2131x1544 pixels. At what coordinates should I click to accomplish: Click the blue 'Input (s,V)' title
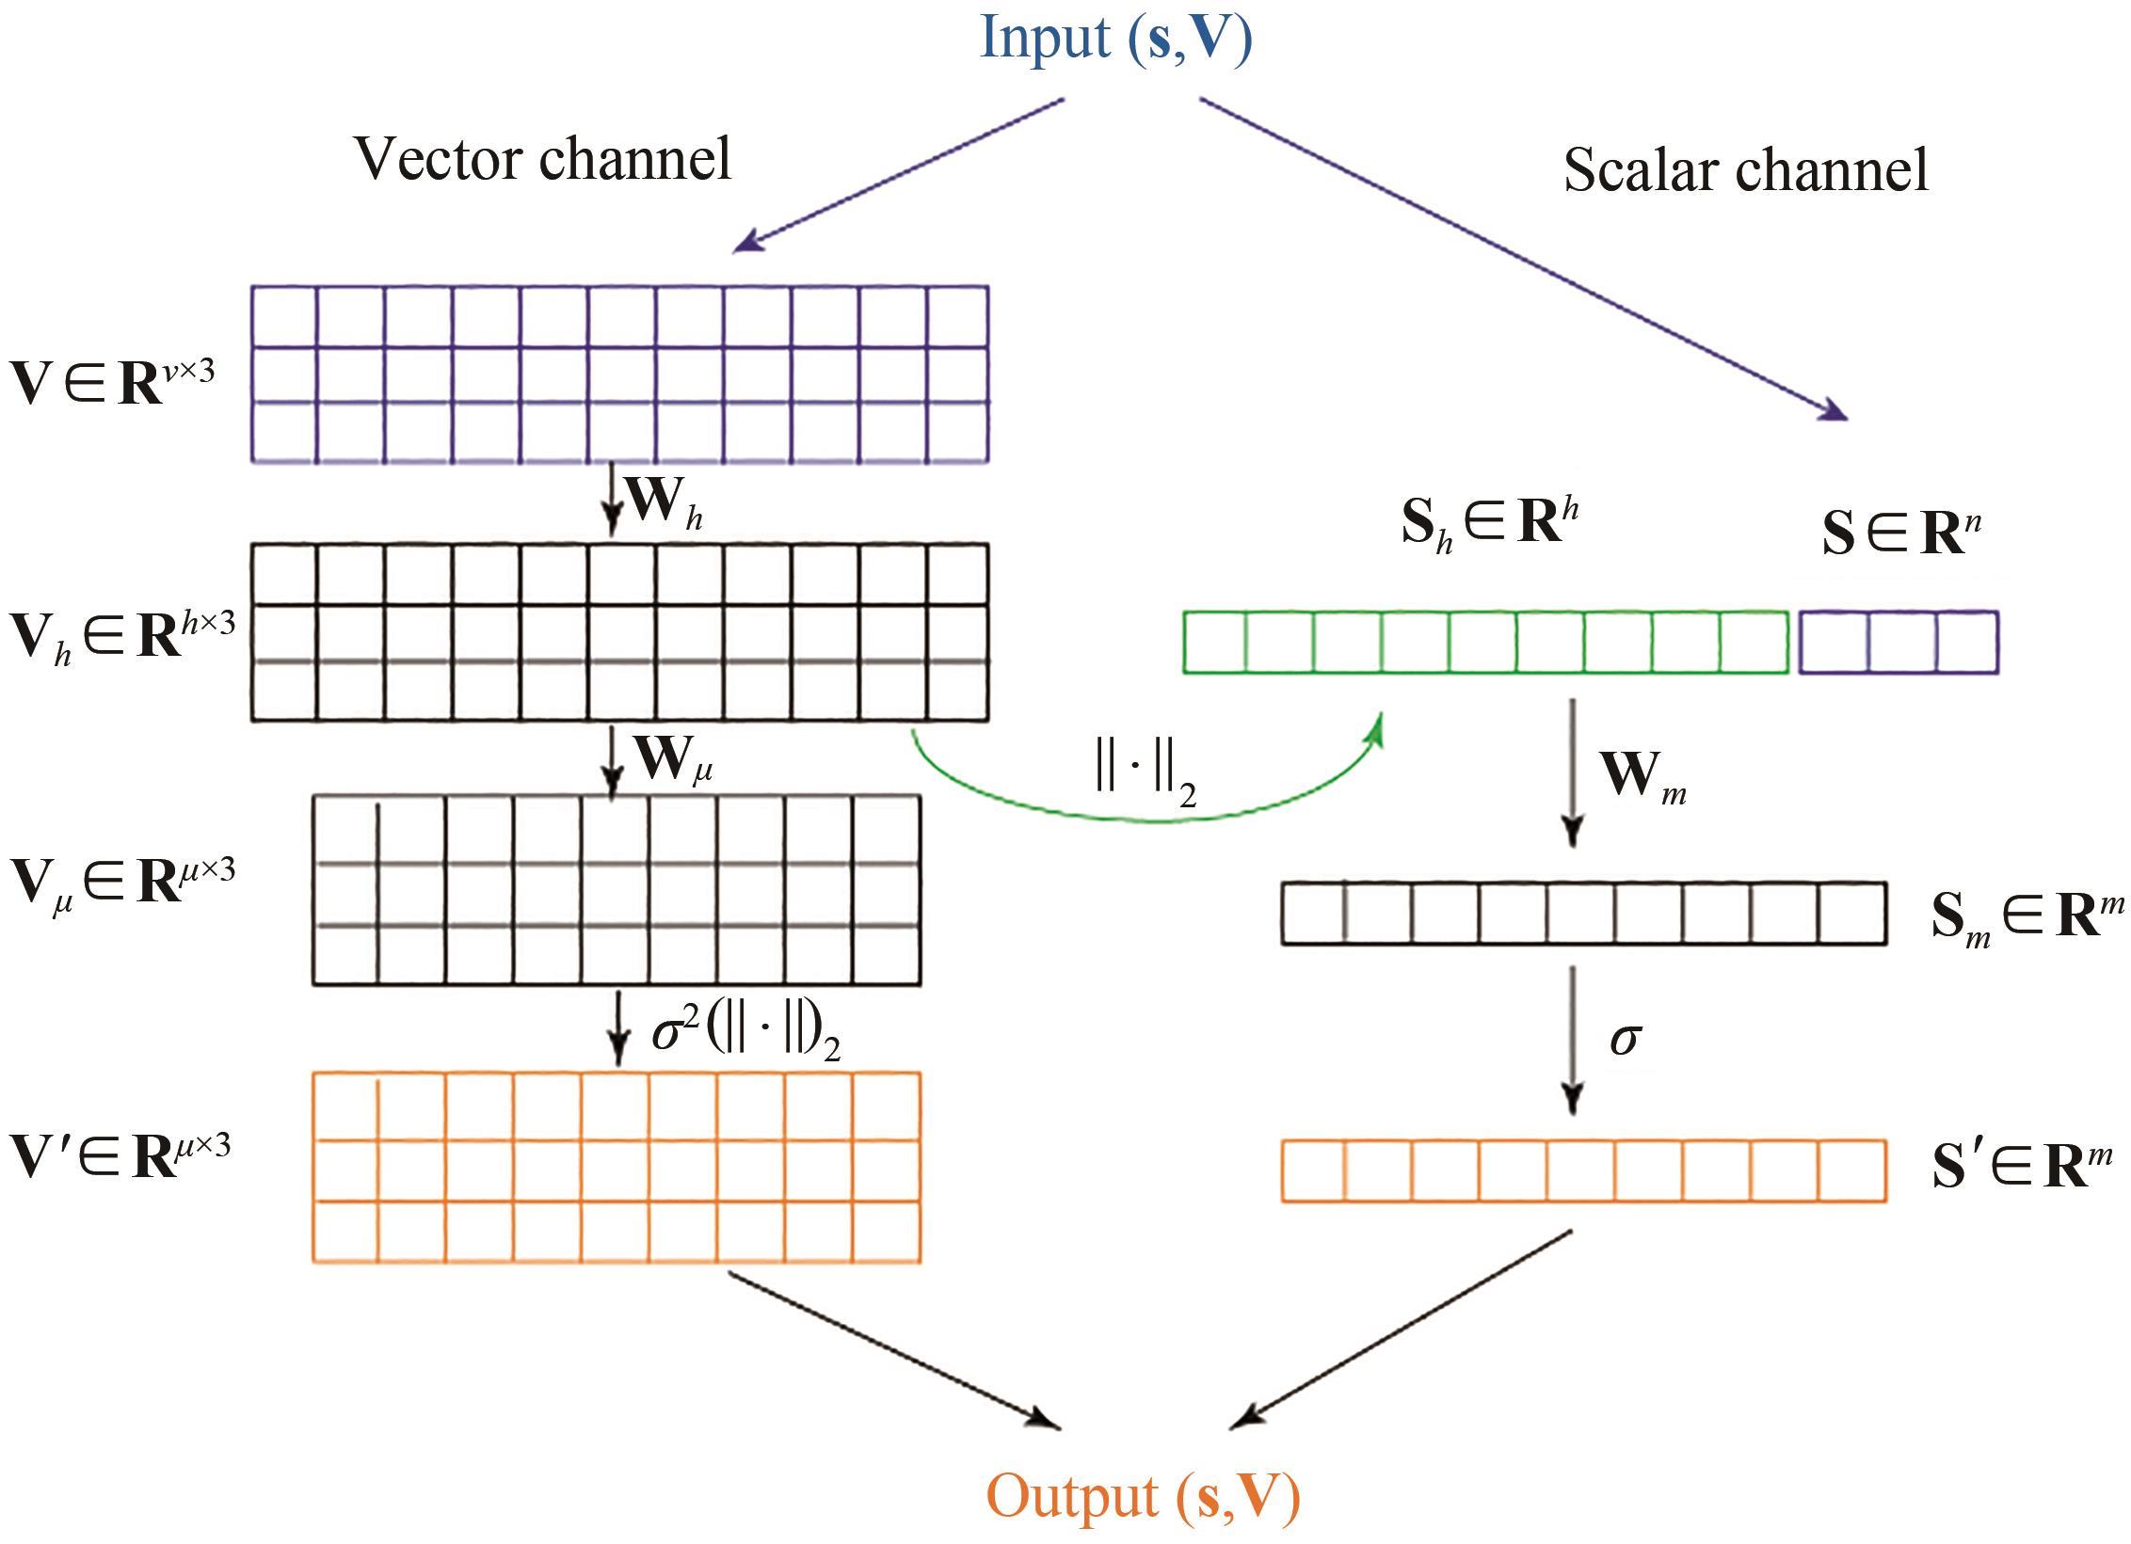1115,40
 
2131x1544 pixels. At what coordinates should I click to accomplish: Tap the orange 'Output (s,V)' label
1143,1497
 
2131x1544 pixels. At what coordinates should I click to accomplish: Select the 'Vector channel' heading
543,158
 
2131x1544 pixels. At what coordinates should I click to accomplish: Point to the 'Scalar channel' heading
1746,170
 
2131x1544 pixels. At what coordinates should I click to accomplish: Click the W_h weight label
665,504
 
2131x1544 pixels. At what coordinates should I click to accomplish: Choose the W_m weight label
1643,778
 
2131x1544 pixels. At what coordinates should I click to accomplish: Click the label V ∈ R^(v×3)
113,381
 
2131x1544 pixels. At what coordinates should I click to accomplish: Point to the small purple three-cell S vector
1899,643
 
